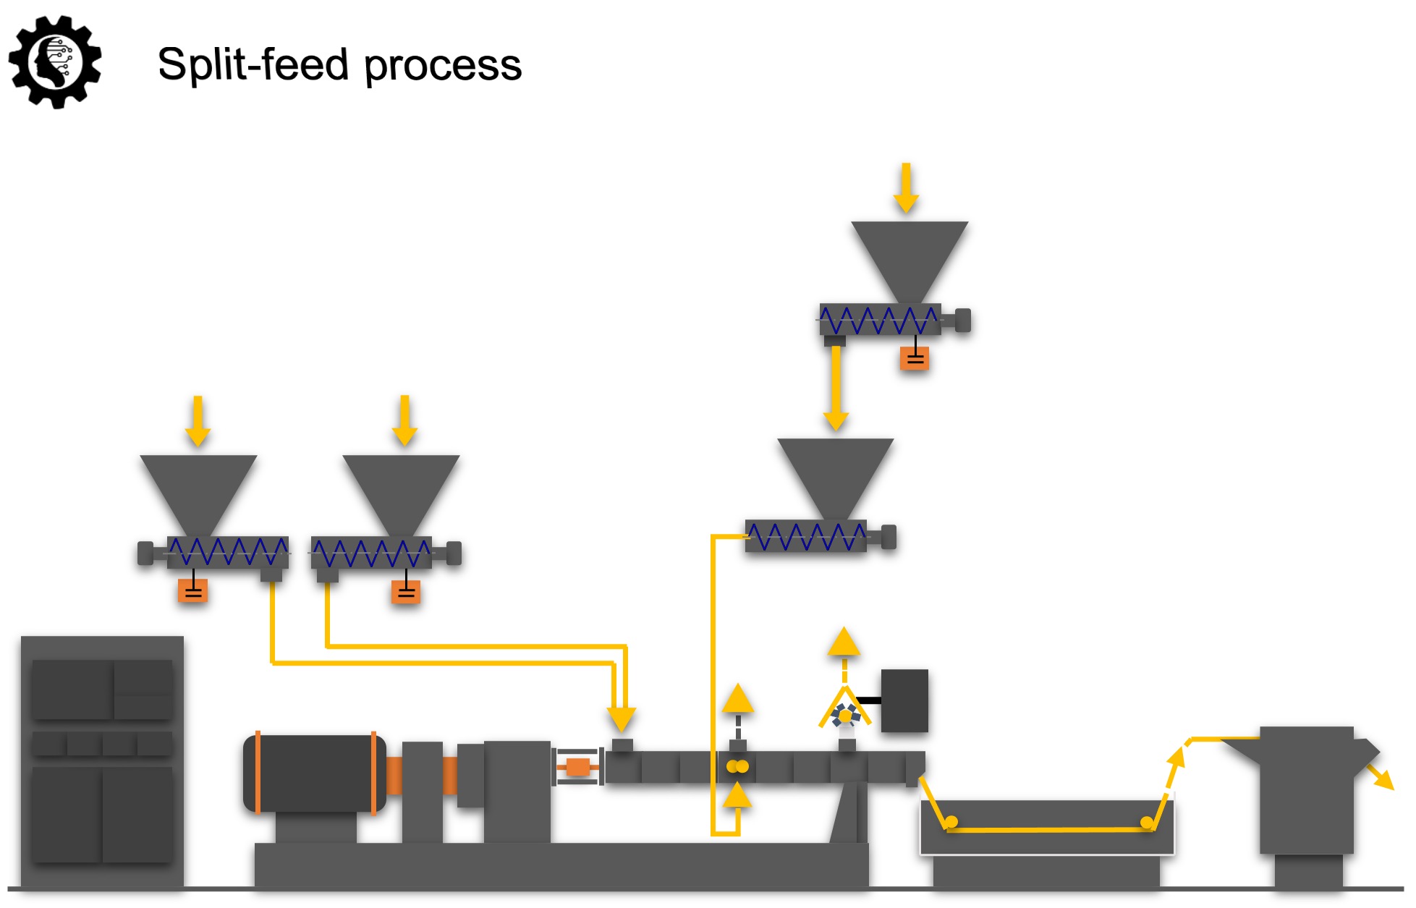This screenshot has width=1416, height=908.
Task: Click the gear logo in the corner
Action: pos(55,62)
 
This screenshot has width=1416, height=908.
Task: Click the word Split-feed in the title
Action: pos(253,65)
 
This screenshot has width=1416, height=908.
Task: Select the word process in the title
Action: pos(442,67)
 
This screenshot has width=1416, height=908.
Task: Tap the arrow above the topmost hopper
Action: pos(906,189)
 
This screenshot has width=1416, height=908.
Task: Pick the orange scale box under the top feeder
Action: pos(915,358)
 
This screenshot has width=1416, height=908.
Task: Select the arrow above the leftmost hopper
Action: pos(198,422)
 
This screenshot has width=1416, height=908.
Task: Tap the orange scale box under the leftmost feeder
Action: pos(193,591)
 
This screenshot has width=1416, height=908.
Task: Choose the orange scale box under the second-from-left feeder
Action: pos(406,592)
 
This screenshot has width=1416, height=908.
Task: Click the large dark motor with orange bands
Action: pos(315,773)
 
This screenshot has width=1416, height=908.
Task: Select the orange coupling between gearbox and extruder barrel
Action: pos(577,767)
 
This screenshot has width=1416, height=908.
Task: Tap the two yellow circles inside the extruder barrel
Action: pos(737,766)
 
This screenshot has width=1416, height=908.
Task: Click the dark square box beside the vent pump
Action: pos(904,700)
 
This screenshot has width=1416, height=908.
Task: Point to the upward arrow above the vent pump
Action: pos(844,642)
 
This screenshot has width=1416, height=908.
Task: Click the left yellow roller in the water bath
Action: pos(951,822)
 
